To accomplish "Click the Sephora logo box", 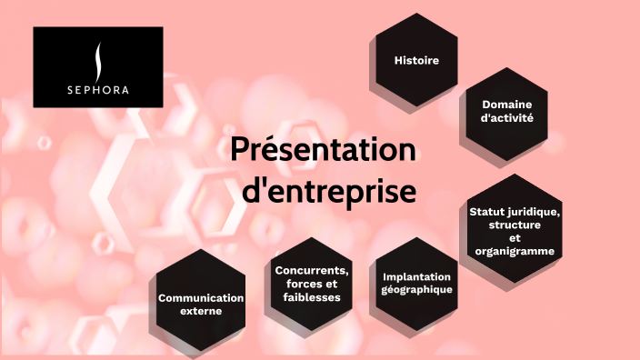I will (x=98, y=67).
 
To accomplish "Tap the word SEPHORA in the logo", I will (x=98, y=90).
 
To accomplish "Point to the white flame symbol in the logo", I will (x=98, y=60).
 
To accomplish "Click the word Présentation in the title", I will (x=323, y=150).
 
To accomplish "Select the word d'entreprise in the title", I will (x=326, y=193).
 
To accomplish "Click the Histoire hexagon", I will (x=416, y=61).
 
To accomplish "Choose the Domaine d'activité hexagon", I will (x=507, y=112).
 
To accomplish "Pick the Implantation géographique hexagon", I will (x=416, y=284).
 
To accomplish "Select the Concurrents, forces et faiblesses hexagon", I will (x=312, y=284).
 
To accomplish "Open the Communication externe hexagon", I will (x=201, y=305).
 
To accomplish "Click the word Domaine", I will (x=507, y=105).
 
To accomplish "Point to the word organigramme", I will (x=515, y=251).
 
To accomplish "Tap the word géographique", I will (x=416, y=290).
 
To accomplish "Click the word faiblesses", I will (x=312, y=297).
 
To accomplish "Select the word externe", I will (x=201, y=311).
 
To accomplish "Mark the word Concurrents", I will (x=312, y=270).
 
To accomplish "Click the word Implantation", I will (x=416, y=277).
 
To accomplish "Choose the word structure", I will (x=515, y=225).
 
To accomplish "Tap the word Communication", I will (x=201, y=298).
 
